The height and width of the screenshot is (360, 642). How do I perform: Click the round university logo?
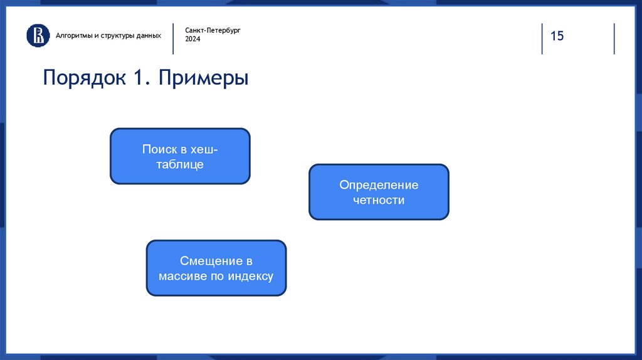[38, 36]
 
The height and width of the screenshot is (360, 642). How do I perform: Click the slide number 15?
[557, 36]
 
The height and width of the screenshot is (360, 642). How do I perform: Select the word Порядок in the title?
[85, 77]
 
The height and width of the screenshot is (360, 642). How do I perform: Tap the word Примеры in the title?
[204, 78]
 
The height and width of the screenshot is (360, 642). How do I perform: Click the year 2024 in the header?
[192, 39]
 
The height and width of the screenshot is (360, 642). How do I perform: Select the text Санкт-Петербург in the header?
[213, 30]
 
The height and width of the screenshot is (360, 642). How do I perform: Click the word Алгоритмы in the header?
[74, 36]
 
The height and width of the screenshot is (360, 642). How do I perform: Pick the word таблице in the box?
[180, 164]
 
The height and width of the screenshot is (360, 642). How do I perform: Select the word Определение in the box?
[379, 185]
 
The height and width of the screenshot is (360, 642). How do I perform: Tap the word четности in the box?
[379, 200]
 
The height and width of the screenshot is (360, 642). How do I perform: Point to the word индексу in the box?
[251, 277]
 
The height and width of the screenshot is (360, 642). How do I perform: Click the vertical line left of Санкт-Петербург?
[173, 38]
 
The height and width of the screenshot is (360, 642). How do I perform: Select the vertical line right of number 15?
[614, 38]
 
